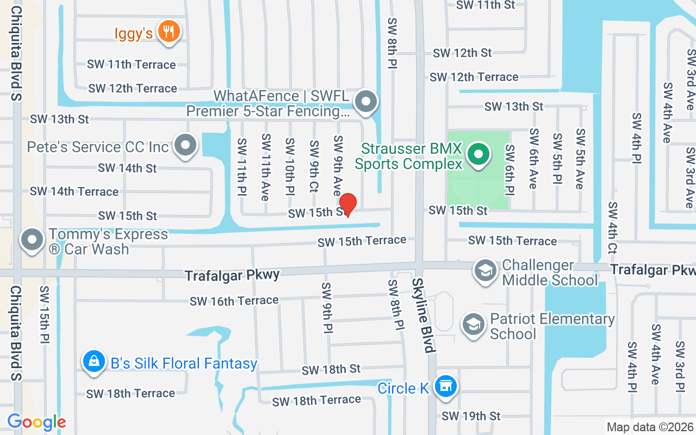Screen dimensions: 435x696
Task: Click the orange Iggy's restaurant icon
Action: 169,31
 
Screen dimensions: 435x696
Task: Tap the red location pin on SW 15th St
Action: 347,203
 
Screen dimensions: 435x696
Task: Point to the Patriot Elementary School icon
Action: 474,325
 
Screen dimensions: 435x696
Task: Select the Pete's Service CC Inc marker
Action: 187,146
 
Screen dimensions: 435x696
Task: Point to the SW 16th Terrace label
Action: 234,301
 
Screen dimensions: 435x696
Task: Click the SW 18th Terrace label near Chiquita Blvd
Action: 130,393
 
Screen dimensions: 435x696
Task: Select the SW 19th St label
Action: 471,416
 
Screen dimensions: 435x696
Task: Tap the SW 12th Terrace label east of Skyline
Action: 474,77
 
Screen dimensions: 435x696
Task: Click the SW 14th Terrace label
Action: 74,191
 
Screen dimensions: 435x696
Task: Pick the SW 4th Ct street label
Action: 613,228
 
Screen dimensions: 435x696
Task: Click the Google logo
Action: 37,421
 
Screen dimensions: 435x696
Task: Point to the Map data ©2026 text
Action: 650,427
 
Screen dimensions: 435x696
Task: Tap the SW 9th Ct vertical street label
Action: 314,166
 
